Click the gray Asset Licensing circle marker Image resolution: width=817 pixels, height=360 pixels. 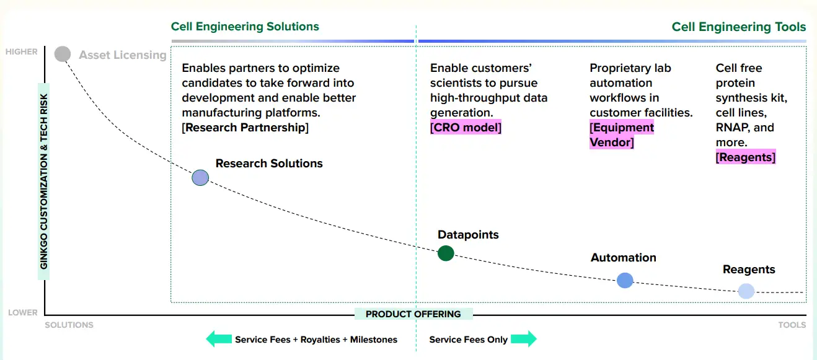(x=63, y=55)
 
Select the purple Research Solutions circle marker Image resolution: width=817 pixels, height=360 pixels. (x=200, y=178)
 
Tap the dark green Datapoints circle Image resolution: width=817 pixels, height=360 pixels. (x=446, y=253)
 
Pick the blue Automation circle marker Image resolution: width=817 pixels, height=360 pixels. (x=625, y=280)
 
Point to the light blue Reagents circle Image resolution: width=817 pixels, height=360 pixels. (x=746, y=291)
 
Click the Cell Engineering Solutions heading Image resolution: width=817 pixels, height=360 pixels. (x=245, y=27)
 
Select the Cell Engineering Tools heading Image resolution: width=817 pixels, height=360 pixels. (x=739, y=27)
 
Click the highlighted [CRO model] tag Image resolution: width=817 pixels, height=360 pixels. (x=466, y=128)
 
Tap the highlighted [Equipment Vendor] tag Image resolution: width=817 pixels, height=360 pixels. (x=622, y=135)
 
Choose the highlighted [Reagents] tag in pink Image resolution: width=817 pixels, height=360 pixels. (x=746, y=157)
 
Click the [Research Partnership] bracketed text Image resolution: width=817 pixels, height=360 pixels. (x=245, y=128)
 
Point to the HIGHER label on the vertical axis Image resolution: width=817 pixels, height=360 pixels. (x=22, y=52)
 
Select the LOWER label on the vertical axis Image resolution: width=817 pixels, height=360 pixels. (x=23, y=313)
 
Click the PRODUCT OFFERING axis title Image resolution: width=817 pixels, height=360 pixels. (x=413, y=314)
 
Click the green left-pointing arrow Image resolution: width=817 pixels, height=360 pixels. (x=218, y=339)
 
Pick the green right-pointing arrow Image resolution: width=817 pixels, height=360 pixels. (x=524, y=339)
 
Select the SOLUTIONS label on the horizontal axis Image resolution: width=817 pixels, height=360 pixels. (x=69, y=325)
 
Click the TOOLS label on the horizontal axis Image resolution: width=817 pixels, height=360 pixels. (x=792, y=325)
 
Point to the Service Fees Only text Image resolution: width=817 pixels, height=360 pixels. (x=469, y=340)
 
